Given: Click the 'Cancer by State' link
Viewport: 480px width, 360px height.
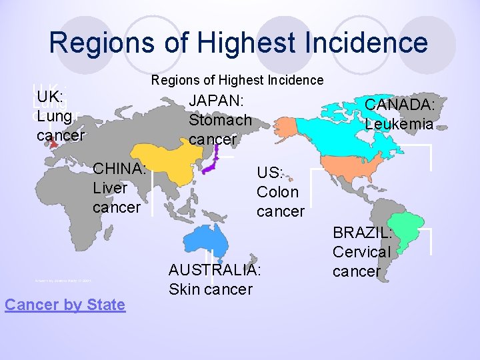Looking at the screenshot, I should [x=65, y=305].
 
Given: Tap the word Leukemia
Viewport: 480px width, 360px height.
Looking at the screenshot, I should [x=399, y=124].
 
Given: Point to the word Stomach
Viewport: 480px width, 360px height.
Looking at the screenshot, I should [x=220, y=121].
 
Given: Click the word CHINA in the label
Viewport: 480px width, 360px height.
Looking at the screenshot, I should [x=120, y=169].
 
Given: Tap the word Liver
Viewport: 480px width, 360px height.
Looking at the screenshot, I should [x=110, y=188].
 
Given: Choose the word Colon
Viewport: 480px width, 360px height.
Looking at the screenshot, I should [x=277, y=192].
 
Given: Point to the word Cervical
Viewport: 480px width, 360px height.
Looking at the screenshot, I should [x=361, y=252].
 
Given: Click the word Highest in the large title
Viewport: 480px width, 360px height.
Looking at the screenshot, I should [x=280, y=43].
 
